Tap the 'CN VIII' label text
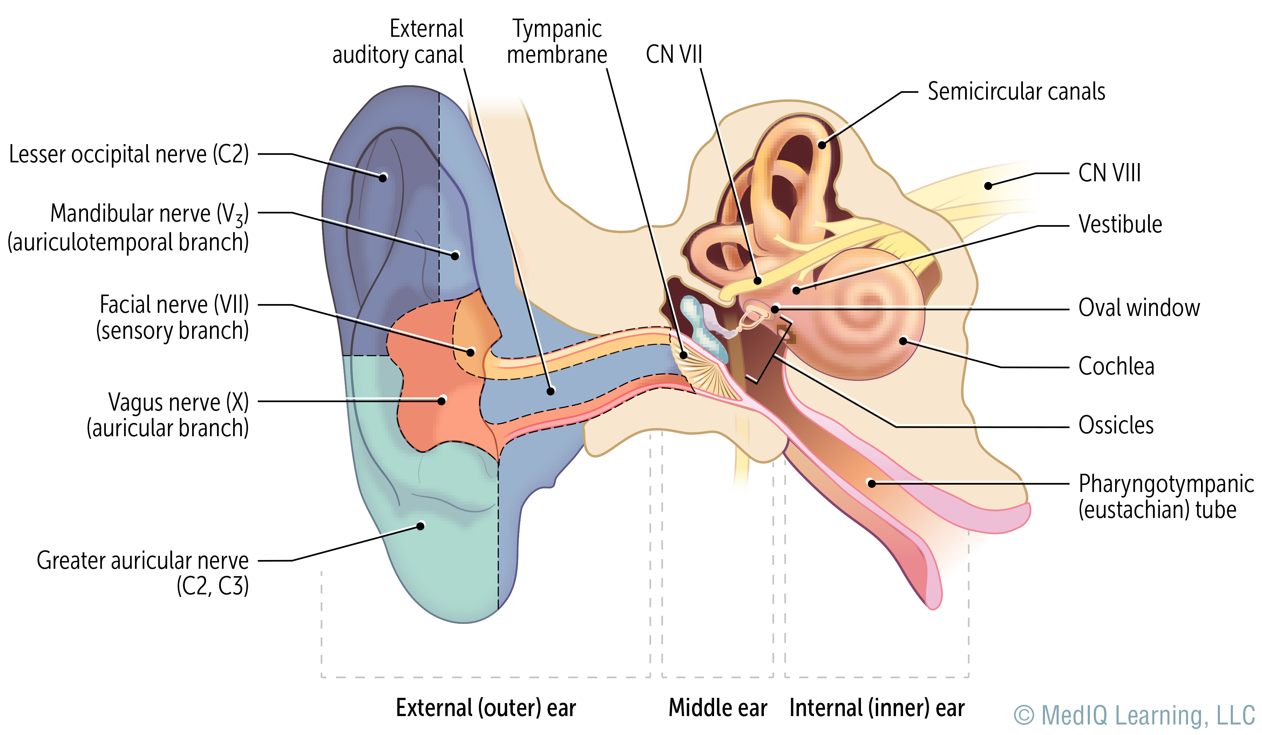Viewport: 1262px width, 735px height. pos(1109,173)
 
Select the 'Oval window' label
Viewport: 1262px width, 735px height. pos(1139,308)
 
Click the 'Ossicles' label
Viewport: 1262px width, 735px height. pos(1116,425)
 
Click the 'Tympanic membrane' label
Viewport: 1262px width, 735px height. pos(557,42)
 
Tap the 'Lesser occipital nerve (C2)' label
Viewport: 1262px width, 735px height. pos(129,154)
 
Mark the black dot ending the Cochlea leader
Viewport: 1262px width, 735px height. pos(903,341)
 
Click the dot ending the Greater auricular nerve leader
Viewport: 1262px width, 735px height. pos(421,526)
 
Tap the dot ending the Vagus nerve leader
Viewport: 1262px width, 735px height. pos(442,400)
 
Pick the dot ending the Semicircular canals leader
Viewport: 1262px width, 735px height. pos(822,145)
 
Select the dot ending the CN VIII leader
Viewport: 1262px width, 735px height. pos(988,186)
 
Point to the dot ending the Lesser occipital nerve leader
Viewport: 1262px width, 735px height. pos(383,177)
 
